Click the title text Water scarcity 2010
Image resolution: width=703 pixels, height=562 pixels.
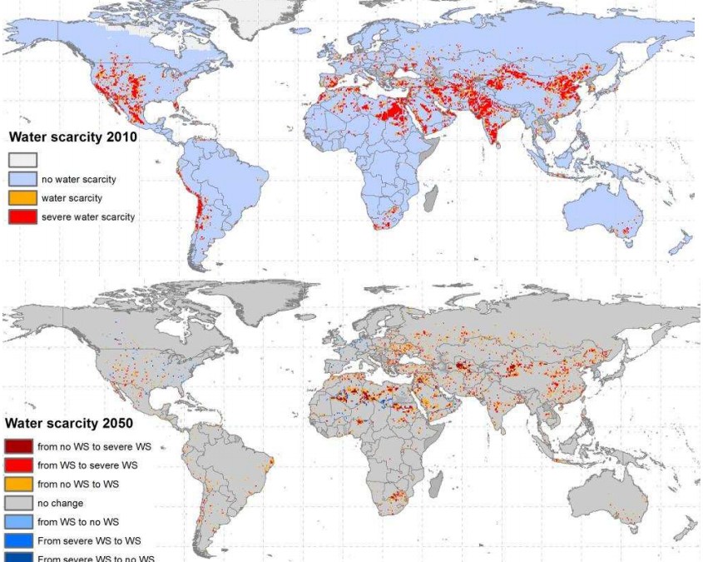[x=73, y=138]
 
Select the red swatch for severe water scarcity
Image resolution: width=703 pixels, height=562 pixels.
[x=22, y=217]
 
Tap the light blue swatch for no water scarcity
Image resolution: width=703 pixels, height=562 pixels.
[x=22, y=179]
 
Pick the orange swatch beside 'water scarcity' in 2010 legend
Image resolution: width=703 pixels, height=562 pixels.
[x=22, y=198]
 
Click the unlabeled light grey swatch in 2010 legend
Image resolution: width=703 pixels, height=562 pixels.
[x=22, y=160]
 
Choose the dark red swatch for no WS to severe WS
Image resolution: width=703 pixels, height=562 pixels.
[x=19, y=447]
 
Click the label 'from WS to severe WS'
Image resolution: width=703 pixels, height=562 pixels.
[x=87, y=465]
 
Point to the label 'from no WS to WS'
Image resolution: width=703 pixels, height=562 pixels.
[x=78, y=485]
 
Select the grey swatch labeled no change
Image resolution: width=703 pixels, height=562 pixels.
[x=19, y=503]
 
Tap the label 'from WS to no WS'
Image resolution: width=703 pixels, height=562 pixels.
[x=78, y=522]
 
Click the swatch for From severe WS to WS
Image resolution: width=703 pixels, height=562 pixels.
[x=19, y=540]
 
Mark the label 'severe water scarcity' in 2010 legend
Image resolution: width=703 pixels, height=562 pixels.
[x=88, y=217]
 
